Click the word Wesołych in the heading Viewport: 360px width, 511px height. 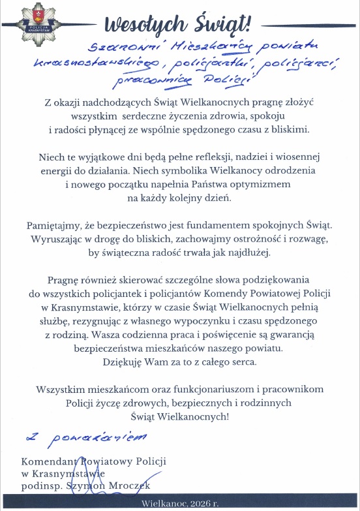(138, 25)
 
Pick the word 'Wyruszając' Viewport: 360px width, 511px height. (55, 239)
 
